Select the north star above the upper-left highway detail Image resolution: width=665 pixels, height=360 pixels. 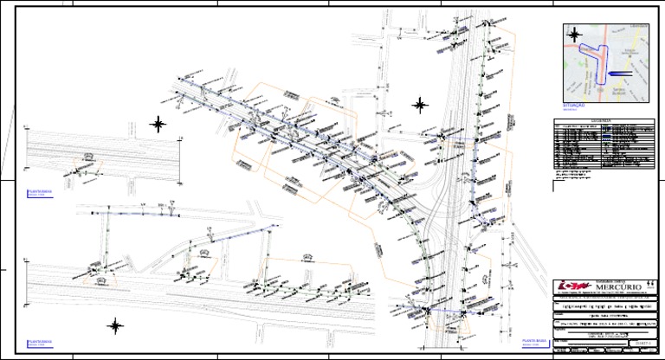point(158,124)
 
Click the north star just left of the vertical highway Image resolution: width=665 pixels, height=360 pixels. point(419,106)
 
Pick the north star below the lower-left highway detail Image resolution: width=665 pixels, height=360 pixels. point(115,325)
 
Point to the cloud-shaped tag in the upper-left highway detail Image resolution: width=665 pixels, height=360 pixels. point(87,154)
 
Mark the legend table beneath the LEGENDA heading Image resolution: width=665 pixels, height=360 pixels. point(602,146)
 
